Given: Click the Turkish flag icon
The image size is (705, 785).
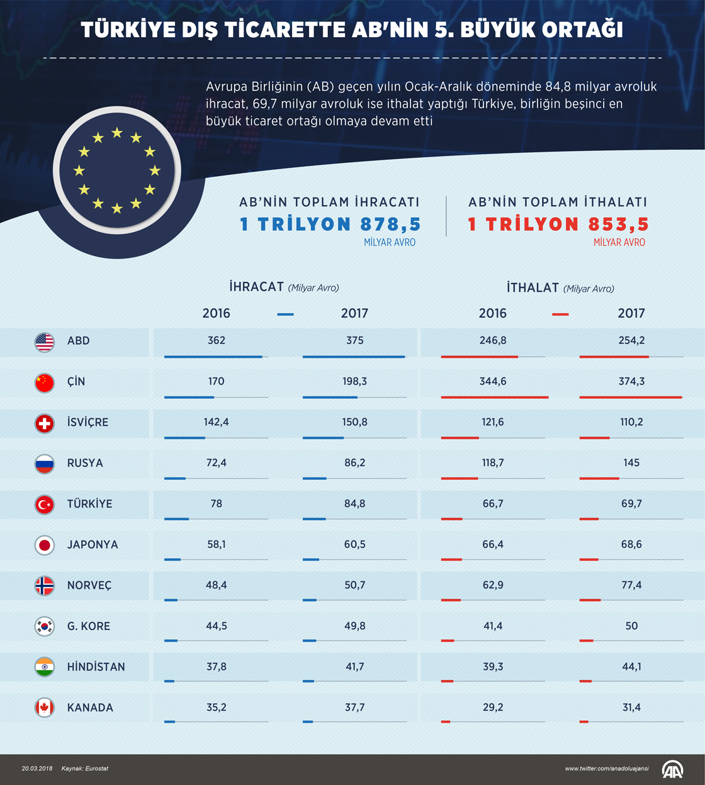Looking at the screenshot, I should tap(45, 504).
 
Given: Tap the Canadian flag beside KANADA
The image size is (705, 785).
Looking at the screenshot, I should tap(45, 708).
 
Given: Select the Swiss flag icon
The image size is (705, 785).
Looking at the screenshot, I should tap(45, 423).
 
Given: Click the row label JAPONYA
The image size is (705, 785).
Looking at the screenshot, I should tap(93, 545).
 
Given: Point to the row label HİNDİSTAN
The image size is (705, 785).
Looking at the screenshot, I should tap(96, 667).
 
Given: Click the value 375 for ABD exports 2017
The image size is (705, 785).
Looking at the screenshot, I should tap(354, 340).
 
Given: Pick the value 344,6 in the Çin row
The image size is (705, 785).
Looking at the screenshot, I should tap(493, 381).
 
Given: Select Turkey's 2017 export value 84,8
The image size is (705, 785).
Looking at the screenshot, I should tap(354, 504).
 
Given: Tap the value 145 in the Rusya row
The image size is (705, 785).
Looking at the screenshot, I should tap(631, 463).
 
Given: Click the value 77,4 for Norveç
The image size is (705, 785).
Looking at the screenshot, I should tap(631, 585).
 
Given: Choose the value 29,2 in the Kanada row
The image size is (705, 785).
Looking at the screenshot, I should tap(493, 708).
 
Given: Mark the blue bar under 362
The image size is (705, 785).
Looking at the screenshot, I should tap(213, 357).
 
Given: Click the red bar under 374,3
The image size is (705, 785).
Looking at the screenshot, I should tap(630, 398).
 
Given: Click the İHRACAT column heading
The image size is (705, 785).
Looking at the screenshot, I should tap(257, 287).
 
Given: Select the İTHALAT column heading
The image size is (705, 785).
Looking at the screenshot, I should tap(533, 287).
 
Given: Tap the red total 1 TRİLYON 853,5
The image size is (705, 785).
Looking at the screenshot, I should tap(558, 225).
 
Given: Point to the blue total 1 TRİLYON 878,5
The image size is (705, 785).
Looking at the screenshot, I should tap(330, 225).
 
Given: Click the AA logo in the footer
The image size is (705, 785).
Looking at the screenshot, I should tap(672, 769).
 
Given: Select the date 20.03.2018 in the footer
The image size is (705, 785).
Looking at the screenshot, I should tap(37, 769).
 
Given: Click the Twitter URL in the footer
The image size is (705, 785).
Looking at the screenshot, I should tap(607, 769).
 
